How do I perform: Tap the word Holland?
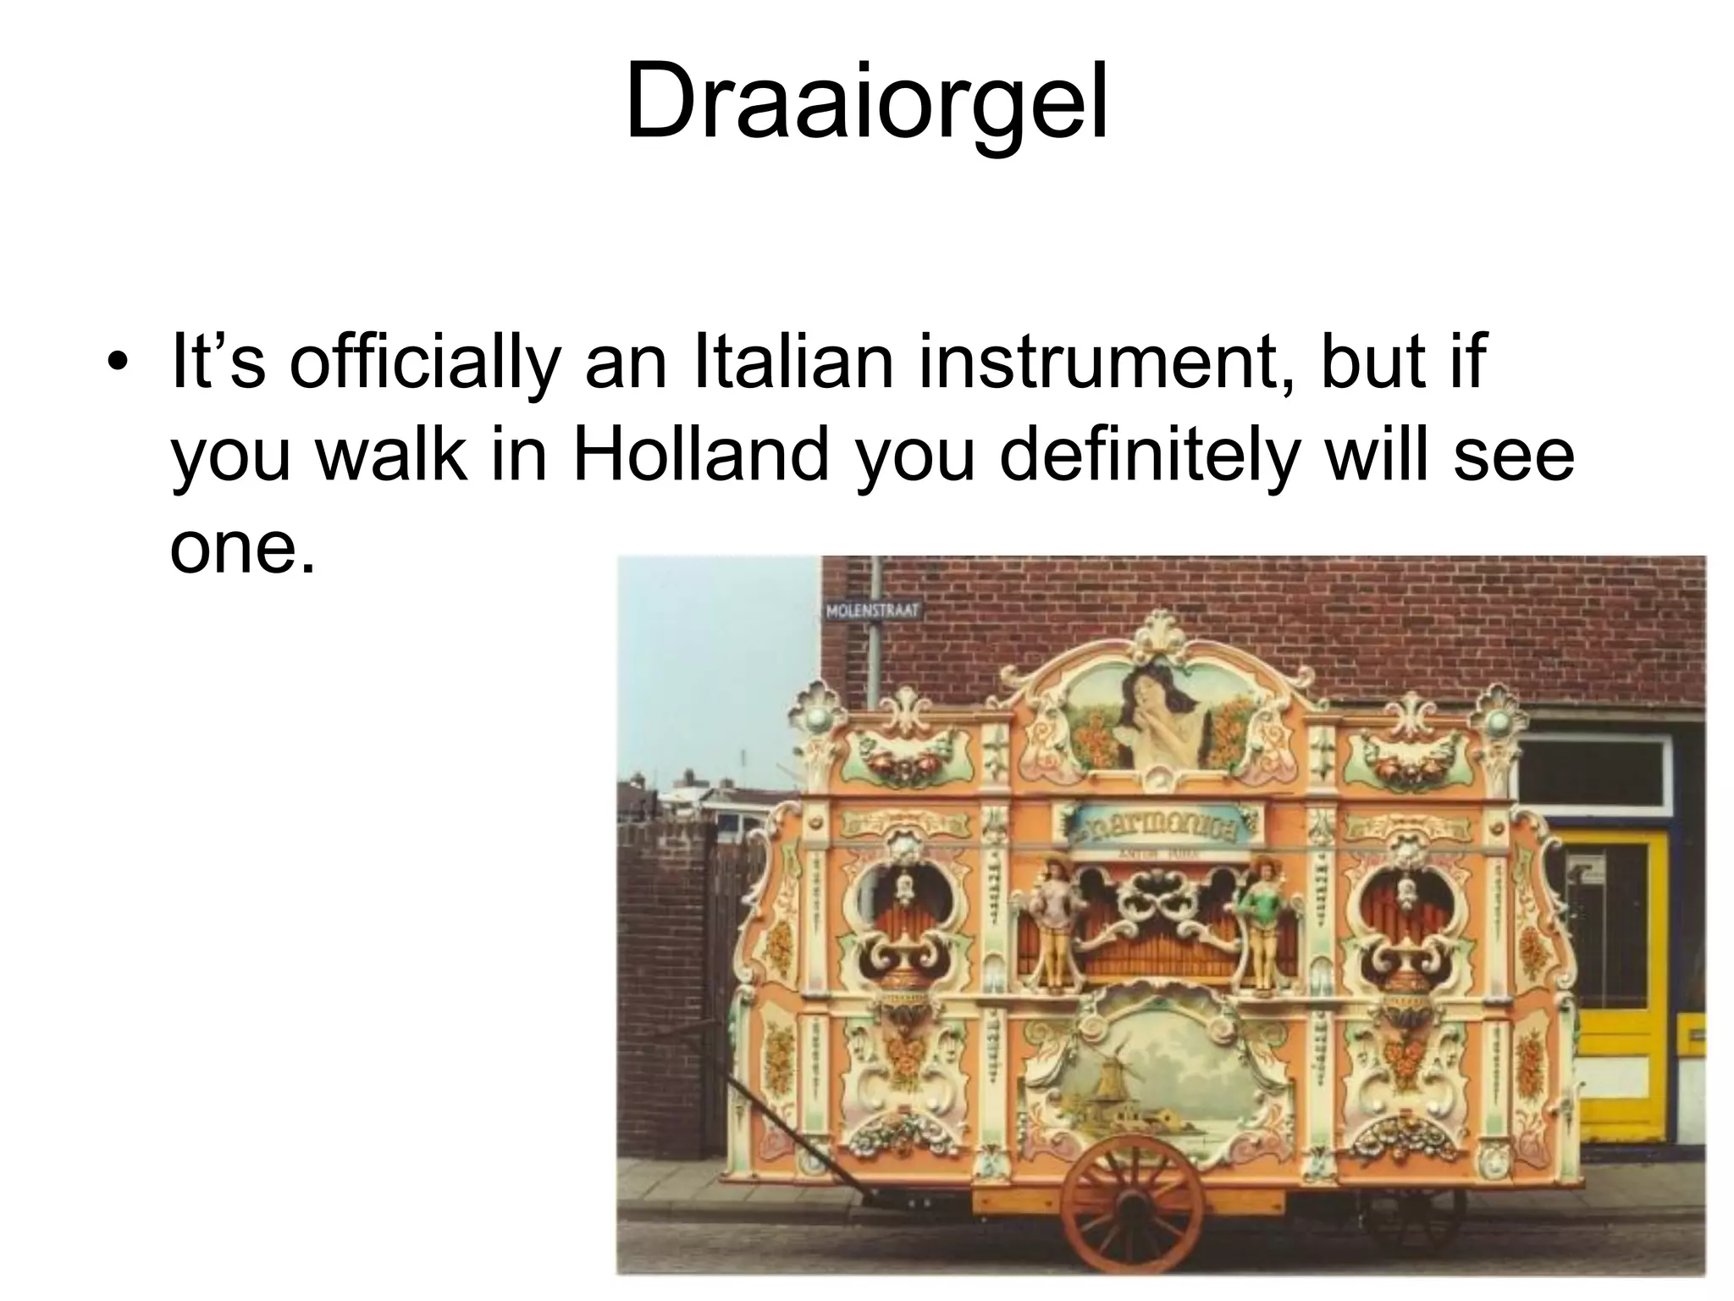coord(700,456)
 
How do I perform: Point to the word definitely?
coord(1148,456)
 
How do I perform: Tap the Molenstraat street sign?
coord(871,612)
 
